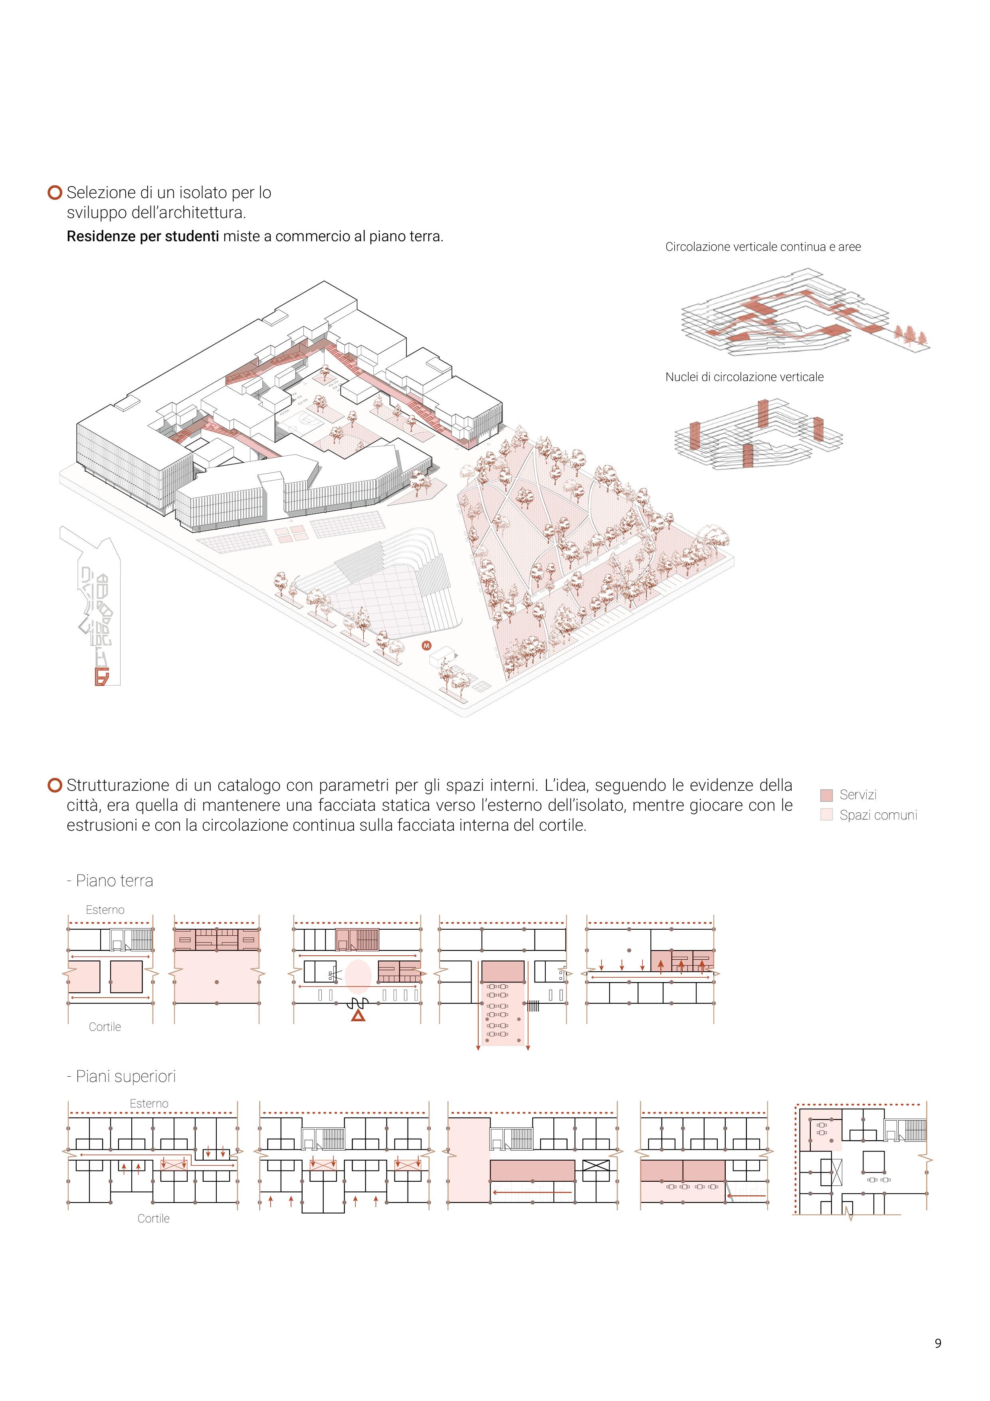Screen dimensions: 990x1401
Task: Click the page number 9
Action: (938, 1343)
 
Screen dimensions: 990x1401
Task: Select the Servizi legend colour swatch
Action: (826, 795)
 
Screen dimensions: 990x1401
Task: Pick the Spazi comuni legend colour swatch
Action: (826, 815)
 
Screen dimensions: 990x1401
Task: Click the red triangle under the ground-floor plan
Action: (358, 1015)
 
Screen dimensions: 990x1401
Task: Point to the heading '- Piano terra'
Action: (110, 881)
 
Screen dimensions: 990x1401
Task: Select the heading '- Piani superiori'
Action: (121, 1076)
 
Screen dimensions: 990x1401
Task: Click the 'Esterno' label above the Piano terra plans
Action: (105, 910)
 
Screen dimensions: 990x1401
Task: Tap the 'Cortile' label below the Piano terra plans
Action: (105, 1026)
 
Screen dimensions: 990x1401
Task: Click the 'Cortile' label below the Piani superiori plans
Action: (153, 1218)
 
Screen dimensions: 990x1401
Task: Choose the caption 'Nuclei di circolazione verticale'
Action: (744, 377)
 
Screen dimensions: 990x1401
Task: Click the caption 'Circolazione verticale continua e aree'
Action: (762, 246)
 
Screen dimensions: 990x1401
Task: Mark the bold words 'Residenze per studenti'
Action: (143, 236)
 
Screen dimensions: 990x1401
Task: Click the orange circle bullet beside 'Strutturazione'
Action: (55, 785)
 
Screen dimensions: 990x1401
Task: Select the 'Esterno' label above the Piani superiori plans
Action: (149, 1103)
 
